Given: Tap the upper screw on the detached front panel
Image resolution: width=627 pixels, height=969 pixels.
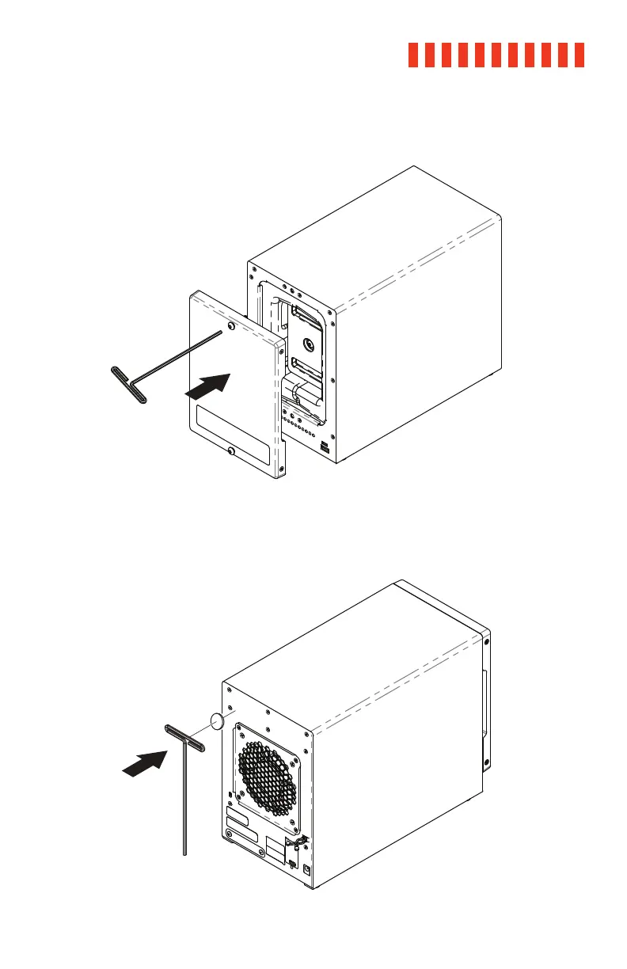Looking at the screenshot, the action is coord(230,326).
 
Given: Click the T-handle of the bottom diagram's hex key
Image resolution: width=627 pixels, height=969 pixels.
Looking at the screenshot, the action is coord(184,738).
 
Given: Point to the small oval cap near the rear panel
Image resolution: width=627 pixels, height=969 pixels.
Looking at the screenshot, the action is coord(218,720).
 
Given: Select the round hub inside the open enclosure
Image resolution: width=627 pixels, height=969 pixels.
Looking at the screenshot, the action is coord(310,344).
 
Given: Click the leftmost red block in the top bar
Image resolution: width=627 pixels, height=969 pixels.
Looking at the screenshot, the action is coord(413,55).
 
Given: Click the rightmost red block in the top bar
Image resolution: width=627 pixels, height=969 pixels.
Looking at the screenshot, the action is coord(579,55).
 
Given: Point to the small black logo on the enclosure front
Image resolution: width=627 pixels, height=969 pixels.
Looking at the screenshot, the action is coord(325,448).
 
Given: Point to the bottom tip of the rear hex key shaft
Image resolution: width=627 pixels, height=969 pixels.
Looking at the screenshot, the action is coord(184,854).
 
